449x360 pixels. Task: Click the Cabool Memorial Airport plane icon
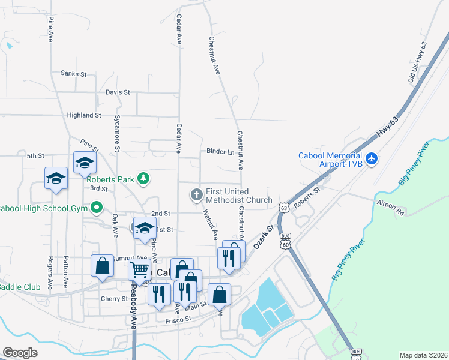372,159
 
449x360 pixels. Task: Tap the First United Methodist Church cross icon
196,194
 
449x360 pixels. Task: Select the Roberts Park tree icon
143,178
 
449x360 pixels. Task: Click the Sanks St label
74,74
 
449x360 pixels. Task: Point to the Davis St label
118,92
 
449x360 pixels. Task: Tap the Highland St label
84,115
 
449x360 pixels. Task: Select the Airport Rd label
390,208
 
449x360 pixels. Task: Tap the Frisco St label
178,320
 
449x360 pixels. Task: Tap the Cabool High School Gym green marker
97,208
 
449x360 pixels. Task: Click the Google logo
20,353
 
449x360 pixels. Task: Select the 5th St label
35,156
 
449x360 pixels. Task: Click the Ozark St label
263,237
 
